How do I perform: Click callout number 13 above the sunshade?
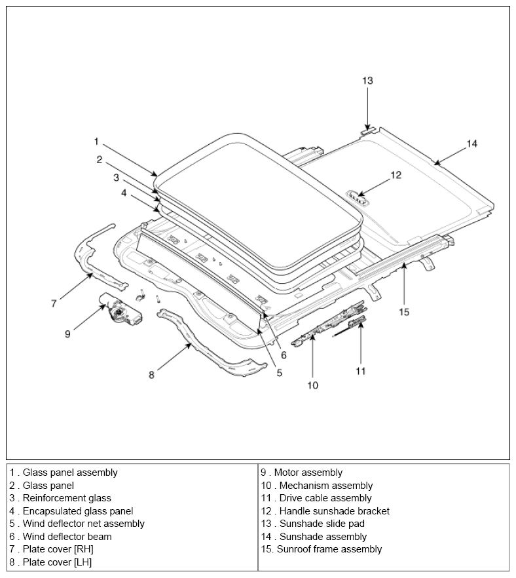367,81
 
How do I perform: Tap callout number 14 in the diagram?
471,144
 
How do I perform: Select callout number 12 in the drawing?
396,175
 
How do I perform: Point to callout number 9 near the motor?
67,334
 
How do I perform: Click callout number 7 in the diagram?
54,303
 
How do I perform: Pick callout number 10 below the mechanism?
312,385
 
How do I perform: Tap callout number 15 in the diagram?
404,312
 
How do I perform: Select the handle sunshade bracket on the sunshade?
358,198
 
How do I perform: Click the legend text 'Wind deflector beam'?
67,536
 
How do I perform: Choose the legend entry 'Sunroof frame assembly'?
329,549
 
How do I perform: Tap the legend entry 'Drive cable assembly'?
325,498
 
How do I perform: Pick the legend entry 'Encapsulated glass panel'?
78,511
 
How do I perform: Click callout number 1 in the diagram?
96,142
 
